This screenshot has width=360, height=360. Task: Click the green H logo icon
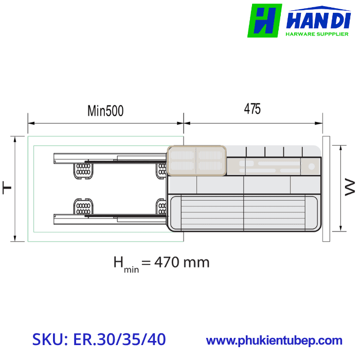pos(264,21)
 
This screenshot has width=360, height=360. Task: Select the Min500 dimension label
pos(105,111)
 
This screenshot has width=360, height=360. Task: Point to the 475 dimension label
pos(252,109)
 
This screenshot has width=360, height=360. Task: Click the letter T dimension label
pos(7,188)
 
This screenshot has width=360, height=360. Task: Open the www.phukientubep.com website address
pos(274,340)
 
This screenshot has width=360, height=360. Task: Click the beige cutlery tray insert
pos(196,160)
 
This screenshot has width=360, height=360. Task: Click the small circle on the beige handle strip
pos(312,166)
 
